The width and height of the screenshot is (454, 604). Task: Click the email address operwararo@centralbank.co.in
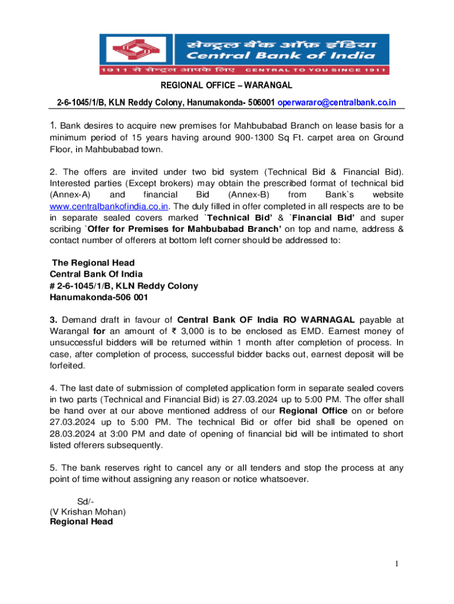337,103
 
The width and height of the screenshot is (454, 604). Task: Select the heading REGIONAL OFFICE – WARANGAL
227,86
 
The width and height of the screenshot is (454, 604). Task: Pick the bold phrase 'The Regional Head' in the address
93,262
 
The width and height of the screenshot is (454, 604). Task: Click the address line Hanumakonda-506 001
98,297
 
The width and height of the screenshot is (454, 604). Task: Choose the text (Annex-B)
249,194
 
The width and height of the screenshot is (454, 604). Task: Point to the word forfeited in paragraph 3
68,365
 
